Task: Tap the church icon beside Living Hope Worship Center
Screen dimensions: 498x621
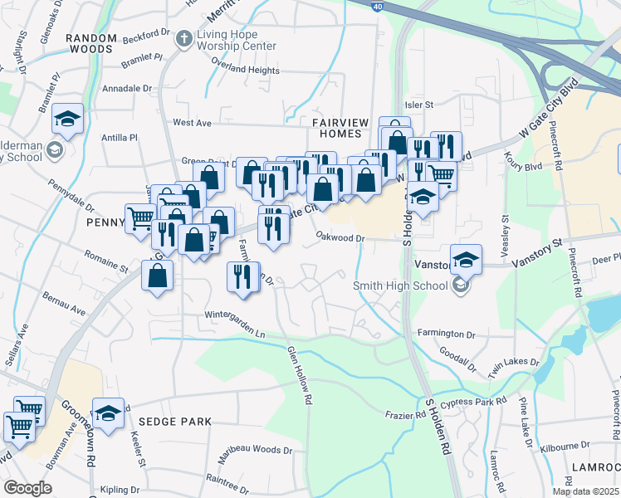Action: [x=183, y=37]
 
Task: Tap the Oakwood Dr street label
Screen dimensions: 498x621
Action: [x=340, y=238]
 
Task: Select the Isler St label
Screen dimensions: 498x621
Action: [x=419, y=105]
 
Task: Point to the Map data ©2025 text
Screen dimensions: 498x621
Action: [x=584, y=491]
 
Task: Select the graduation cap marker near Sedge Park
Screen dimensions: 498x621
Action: [x=108, y=414]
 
